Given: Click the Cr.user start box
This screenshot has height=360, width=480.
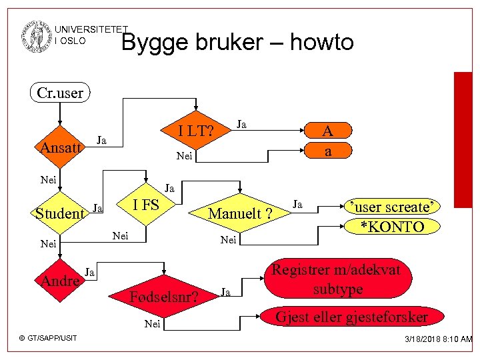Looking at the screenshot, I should (x=60, y=93).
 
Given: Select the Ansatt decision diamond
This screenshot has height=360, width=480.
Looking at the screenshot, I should (x=61, y=147).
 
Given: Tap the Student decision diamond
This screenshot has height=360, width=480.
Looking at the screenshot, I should (x=61, y=214).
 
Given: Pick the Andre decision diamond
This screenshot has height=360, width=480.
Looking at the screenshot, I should (x=61, y=281).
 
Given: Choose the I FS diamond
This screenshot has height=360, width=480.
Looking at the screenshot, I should (x=146, y=205).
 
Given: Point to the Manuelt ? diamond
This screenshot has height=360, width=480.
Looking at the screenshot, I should (x=240, y=213).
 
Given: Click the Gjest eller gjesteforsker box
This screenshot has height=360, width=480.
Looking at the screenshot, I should (x=352, y=317).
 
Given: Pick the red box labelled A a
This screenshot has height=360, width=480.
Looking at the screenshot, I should (x=327, y=141).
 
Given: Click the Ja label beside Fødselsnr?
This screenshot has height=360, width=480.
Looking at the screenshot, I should (x=226, y=291).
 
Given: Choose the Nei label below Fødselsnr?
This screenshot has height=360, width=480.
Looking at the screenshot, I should (x=153, y=324).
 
